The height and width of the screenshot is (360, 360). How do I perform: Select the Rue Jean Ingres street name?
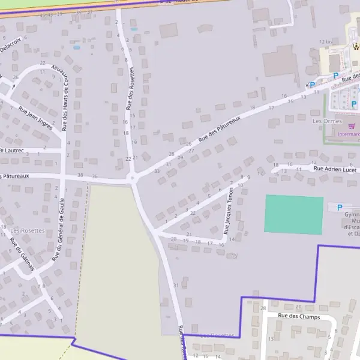point(35,118)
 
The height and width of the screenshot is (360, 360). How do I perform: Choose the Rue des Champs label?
point(299,316)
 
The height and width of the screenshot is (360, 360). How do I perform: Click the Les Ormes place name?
point(327,121)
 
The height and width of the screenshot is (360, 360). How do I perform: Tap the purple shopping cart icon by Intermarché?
point(352,126)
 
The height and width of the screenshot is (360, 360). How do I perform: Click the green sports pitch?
point(294,214)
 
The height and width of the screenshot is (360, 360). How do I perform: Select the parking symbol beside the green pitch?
point(340,208)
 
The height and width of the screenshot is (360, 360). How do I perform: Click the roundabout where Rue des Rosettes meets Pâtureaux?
point(132,178)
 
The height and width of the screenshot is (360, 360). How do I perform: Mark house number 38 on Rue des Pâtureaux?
point(81,175)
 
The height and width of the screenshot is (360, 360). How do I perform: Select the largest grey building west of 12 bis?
point(280,61)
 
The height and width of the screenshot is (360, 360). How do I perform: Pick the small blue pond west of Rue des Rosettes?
point(76,47)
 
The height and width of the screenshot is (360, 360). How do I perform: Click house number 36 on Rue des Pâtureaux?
point(94,176)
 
